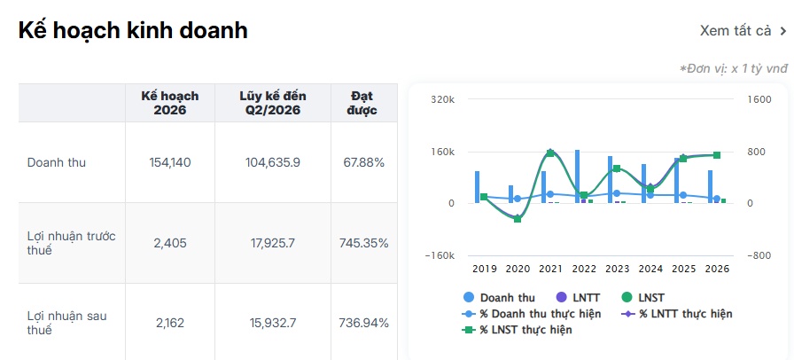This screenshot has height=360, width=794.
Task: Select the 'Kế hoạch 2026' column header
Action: pos(170,103)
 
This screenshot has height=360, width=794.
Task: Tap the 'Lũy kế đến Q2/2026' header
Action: pos(273,103)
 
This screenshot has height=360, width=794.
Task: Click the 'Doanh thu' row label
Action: pos(56,163)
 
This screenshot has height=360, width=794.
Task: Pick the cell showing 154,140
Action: pos(170,163)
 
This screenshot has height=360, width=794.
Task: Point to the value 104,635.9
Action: pos(273,163)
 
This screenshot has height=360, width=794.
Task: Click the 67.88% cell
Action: pos(363,163)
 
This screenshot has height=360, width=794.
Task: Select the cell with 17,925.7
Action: pos(273,243)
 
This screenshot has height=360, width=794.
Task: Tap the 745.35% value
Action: pos(363,243)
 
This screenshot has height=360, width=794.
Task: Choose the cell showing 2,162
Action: pos(170,323)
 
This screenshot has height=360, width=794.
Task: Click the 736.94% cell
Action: pos(363,323)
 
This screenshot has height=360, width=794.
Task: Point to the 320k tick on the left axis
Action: pos(443,99)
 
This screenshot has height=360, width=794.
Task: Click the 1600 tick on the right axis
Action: pos(759,99)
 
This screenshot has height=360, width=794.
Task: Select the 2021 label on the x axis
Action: pos(550,269)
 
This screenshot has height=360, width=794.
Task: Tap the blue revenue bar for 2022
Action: pos(577,176)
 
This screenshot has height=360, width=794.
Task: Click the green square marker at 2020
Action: pos(517,219)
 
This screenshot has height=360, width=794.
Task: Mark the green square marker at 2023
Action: pos(617,168)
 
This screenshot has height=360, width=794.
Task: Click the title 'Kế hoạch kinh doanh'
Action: pos(133,30)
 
